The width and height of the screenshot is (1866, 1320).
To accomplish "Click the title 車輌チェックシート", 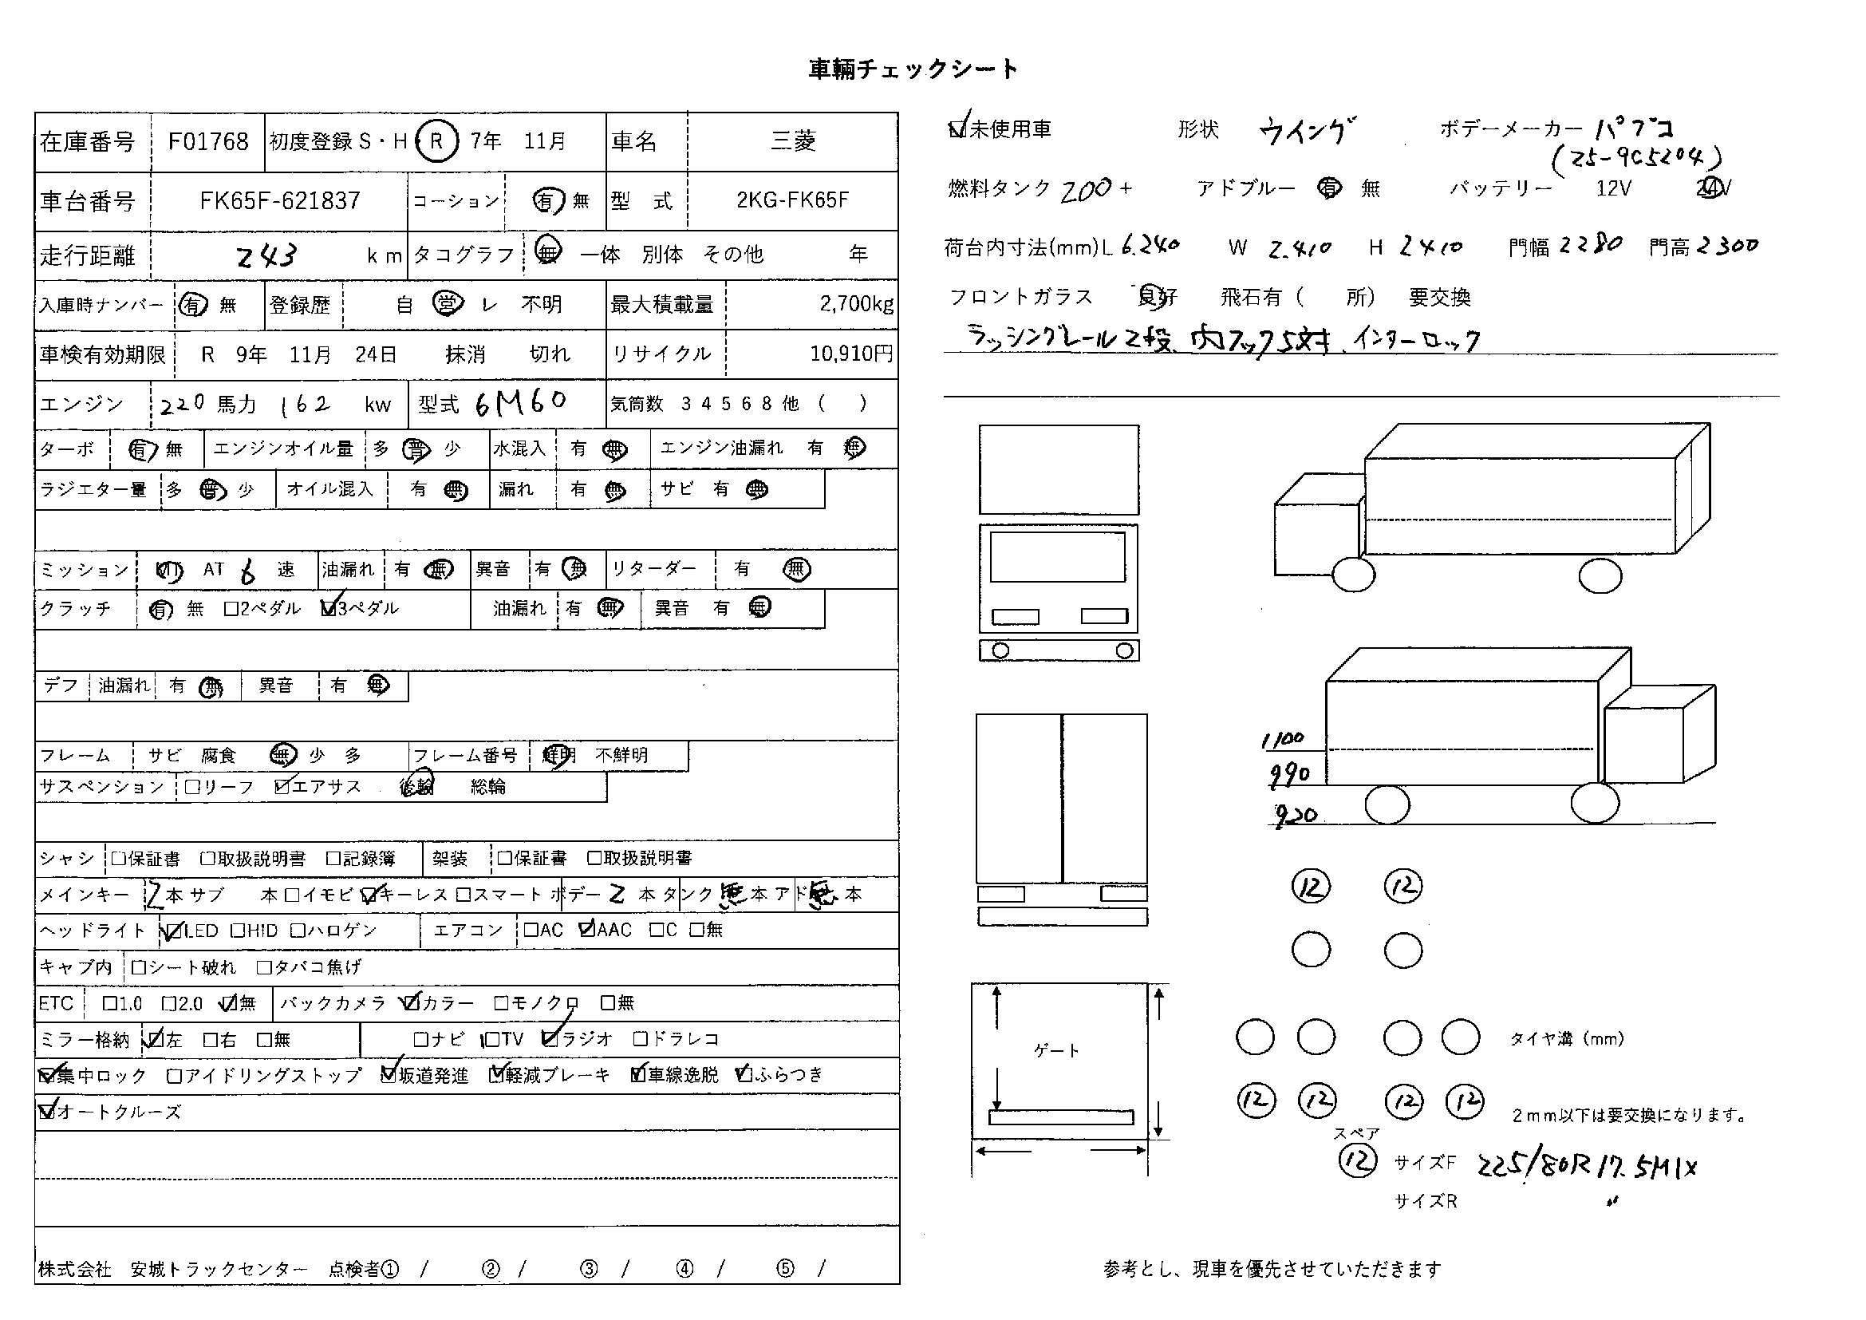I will (913, 69).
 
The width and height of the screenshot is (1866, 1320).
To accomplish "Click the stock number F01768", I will (208, 142).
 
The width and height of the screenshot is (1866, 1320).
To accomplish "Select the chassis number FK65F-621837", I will (279, 201).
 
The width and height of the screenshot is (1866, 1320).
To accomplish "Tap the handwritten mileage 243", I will (266, 257).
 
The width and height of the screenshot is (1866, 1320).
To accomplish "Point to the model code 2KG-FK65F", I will (792, 201).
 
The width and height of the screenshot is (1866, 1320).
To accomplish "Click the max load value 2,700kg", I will (856, 304).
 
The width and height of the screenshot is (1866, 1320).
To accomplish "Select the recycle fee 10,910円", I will (851, 354).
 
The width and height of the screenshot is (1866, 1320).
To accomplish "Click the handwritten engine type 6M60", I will (520, 402).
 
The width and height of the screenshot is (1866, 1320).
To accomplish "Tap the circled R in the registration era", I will (436, 141).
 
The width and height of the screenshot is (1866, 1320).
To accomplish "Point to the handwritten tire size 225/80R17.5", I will (1585, 1168).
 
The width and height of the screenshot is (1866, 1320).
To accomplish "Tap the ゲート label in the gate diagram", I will (1056, 1051).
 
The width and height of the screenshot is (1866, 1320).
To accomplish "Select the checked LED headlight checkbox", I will (172, 931).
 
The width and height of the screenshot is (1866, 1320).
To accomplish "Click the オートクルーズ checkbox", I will (47, 1111).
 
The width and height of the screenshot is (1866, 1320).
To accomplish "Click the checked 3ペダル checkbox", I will (329, 608).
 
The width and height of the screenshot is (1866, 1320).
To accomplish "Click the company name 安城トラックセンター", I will (219, 1270).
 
